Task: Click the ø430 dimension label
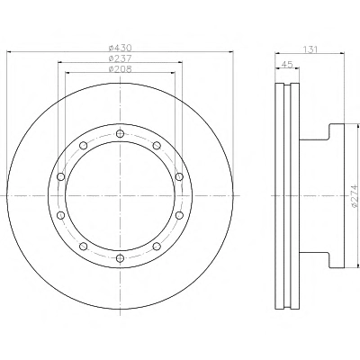point(120,48)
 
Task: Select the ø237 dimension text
point(120,58)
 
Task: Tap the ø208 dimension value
point(120,69)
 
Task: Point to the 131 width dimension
point(310,49)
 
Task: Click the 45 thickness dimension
point(287,65)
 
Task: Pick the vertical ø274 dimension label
point(355,196)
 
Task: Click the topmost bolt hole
point(120,133)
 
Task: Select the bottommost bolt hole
point(120,258)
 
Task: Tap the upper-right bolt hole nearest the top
point(157,146)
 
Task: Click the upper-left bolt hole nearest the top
point(83,146)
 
